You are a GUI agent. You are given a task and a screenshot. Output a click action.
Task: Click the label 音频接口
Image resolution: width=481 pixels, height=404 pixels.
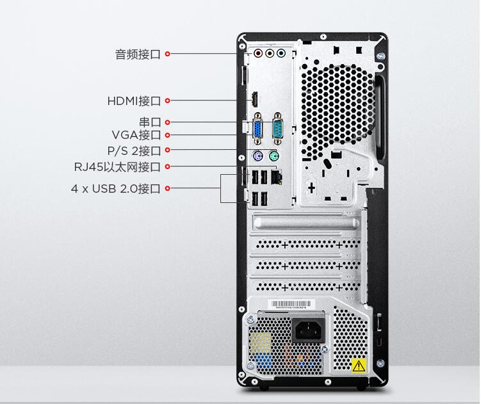point(138,54)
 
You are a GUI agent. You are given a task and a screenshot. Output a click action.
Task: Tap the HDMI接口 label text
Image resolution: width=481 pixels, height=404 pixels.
point(134,101)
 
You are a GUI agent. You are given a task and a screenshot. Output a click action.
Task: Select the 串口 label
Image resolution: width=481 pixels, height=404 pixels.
point(150,122)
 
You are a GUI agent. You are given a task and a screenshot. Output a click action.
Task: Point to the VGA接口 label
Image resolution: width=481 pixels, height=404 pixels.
point(136,135)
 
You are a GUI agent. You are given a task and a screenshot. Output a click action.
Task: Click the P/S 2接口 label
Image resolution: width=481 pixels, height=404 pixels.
point(134,150)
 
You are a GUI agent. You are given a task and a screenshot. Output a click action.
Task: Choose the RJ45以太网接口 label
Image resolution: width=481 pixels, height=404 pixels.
point(117,167)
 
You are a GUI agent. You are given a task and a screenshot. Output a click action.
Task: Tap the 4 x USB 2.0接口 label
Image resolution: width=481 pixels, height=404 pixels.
point(116,189)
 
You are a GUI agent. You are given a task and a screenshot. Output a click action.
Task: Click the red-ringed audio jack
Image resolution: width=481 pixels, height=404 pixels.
point(258,53)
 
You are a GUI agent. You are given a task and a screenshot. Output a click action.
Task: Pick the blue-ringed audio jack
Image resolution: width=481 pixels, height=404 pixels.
point(281,53)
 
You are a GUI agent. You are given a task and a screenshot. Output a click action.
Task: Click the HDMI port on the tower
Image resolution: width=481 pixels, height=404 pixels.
point(255,100)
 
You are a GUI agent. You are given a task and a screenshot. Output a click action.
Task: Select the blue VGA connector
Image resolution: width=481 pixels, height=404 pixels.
point(257,128)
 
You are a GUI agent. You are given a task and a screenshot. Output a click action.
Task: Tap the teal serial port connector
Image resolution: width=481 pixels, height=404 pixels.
point(277,128)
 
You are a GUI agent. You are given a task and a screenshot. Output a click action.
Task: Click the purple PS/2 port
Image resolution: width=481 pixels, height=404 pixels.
point(258,156)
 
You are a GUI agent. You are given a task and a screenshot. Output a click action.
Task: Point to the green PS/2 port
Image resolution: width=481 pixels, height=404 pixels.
point(274,156)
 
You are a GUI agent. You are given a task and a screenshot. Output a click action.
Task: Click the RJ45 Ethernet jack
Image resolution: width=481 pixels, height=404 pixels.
point(277,177)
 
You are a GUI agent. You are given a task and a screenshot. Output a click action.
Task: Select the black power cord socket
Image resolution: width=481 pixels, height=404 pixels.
point(308,330)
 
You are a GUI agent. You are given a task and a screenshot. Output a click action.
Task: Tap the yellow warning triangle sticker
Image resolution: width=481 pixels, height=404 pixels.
point(359,366)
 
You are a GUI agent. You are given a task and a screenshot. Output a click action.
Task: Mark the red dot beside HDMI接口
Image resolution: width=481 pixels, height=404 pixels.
point(168,101)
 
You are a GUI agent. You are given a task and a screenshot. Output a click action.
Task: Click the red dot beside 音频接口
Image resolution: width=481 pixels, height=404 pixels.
point(168,54)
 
